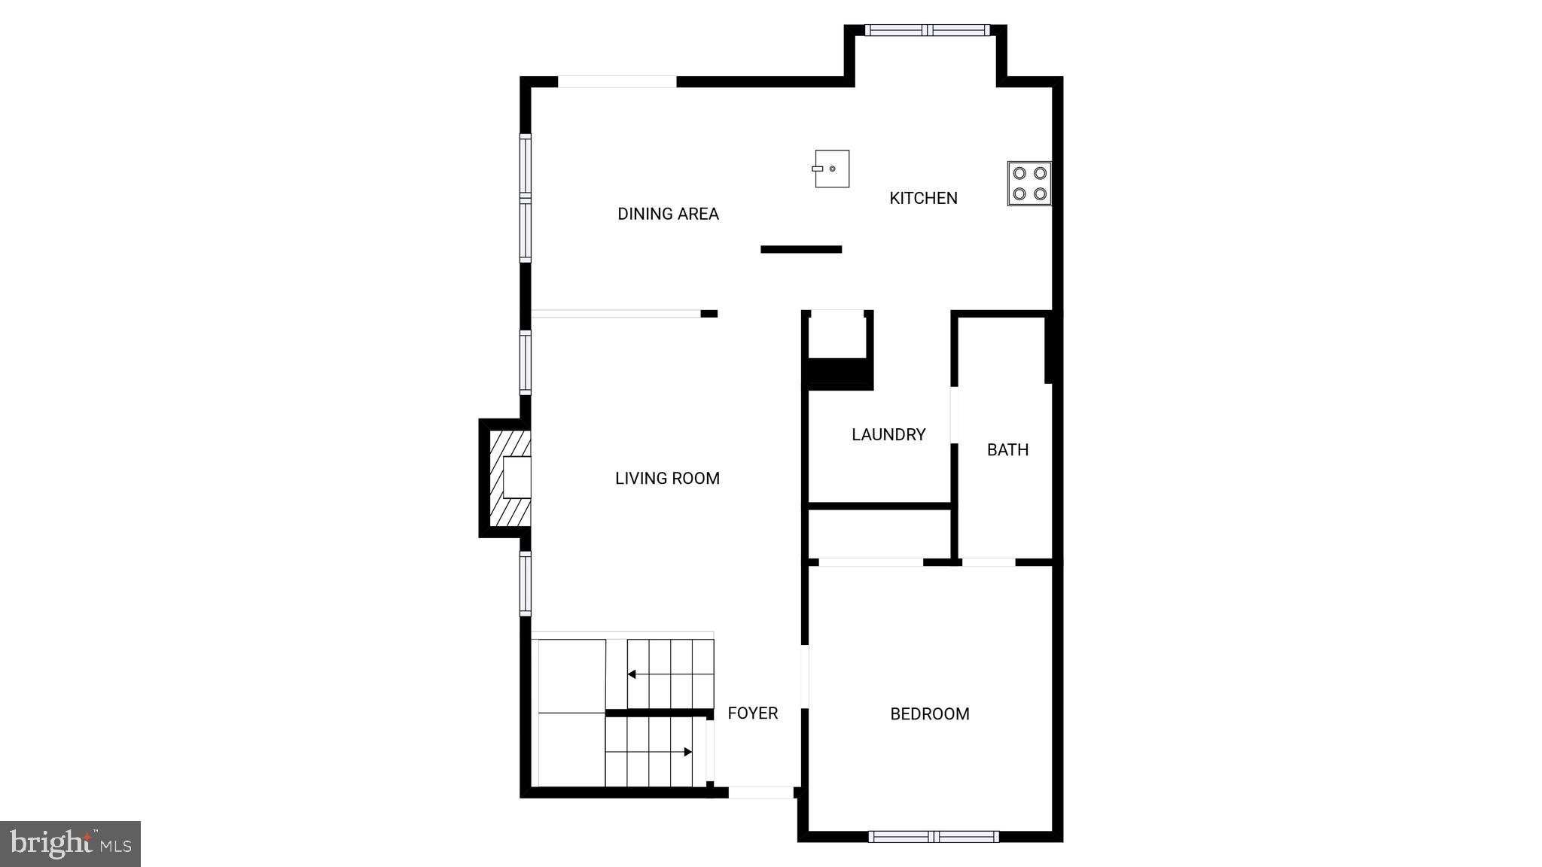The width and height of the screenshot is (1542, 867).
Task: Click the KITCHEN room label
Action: tap(923, 198)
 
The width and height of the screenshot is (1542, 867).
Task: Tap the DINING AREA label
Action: tap(668, 214)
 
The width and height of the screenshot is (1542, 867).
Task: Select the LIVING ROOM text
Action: tap(667, 478)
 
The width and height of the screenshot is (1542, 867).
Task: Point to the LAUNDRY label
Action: tap(888, 434)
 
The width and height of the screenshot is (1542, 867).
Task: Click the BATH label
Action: tap(1007, 449)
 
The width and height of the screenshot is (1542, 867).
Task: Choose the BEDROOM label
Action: tap(930, 713)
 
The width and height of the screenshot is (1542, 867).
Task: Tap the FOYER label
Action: tap(752, 713)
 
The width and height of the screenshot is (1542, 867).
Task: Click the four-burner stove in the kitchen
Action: tap(1029, 184)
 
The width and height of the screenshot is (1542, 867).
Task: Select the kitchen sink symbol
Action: tap(831, 169)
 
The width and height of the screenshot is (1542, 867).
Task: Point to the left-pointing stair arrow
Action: tap(632, 674)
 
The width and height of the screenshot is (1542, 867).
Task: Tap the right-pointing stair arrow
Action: tap(687, 751)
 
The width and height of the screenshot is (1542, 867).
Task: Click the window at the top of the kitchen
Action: tap(927, 30)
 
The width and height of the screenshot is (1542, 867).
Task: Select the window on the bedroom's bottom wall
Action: tap(934, 836)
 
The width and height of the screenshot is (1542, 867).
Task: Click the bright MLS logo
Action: tap(70, 844)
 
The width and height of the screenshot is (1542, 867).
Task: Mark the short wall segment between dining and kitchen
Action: tap(801, 249)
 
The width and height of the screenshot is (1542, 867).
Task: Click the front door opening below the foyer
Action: tap(760, 792)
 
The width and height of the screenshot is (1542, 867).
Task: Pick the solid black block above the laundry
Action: tap(840, 373)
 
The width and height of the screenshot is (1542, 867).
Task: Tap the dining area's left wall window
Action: tap(526, 198)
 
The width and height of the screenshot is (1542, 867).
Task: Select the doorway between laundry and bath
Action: tap(954, 415)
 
